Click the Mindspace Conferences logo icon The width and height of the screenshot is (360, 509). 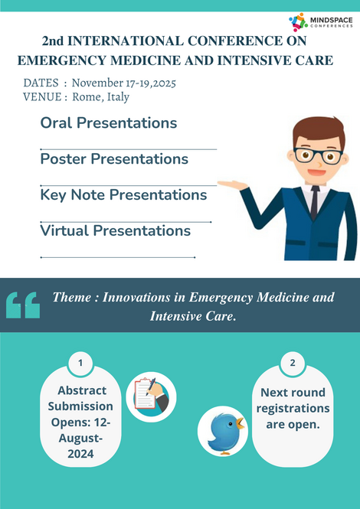pyautogui.click(x=298, y=22)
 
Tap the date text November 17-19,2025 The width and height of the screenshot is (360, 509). pyautogui.click(x=124, y=83)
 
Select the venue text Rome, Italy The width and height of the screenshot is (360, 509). pyautogui.click(x=100, y=97)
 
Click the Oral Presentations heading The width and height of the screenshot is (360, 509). pyautogui.click(x=109, y=123)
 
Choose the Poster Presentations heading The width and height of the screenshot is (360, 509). pyautogui.click(x=114, y=159)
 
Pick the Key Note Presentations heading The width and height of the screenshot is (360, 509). pyautogui.click(x=123, y=195)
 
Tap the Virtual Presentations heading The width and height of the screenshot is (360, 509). pyautogui.click(x=116, y=231)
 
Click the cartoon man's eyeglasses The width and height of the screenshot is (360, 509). pyautogui.click(x=318, y=156)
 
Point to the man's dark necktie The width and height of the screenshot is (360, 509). pyautogui.click(x=315, y=202)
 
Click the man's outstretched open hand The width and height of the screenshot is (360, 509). pyautogui.click(x=232, y=185)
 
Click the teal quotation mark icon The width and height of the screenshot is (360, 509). pyautogui.click(x=23, y=305)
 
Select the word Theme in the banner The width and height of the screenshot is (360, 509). pyautogui.click(x=72, y=297)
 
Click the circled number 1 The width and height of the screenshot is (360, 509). pyautogui.click(x=80, y=363)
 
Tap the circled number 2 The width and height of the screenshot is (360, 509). pyautogui.click(x=293, y=363)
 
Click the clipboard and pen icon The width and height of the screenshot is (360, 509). pyautogui.click(x=151, y=397)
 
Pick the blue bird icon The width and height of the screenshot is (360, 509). pyautogui.click(x=223, y=432)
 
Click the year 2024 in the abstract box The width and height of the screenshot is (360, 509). pyautogui.click(x=80, y=454)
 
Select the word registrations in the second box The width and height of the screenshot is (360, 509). pyautogui.click(x=293, y=409)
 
